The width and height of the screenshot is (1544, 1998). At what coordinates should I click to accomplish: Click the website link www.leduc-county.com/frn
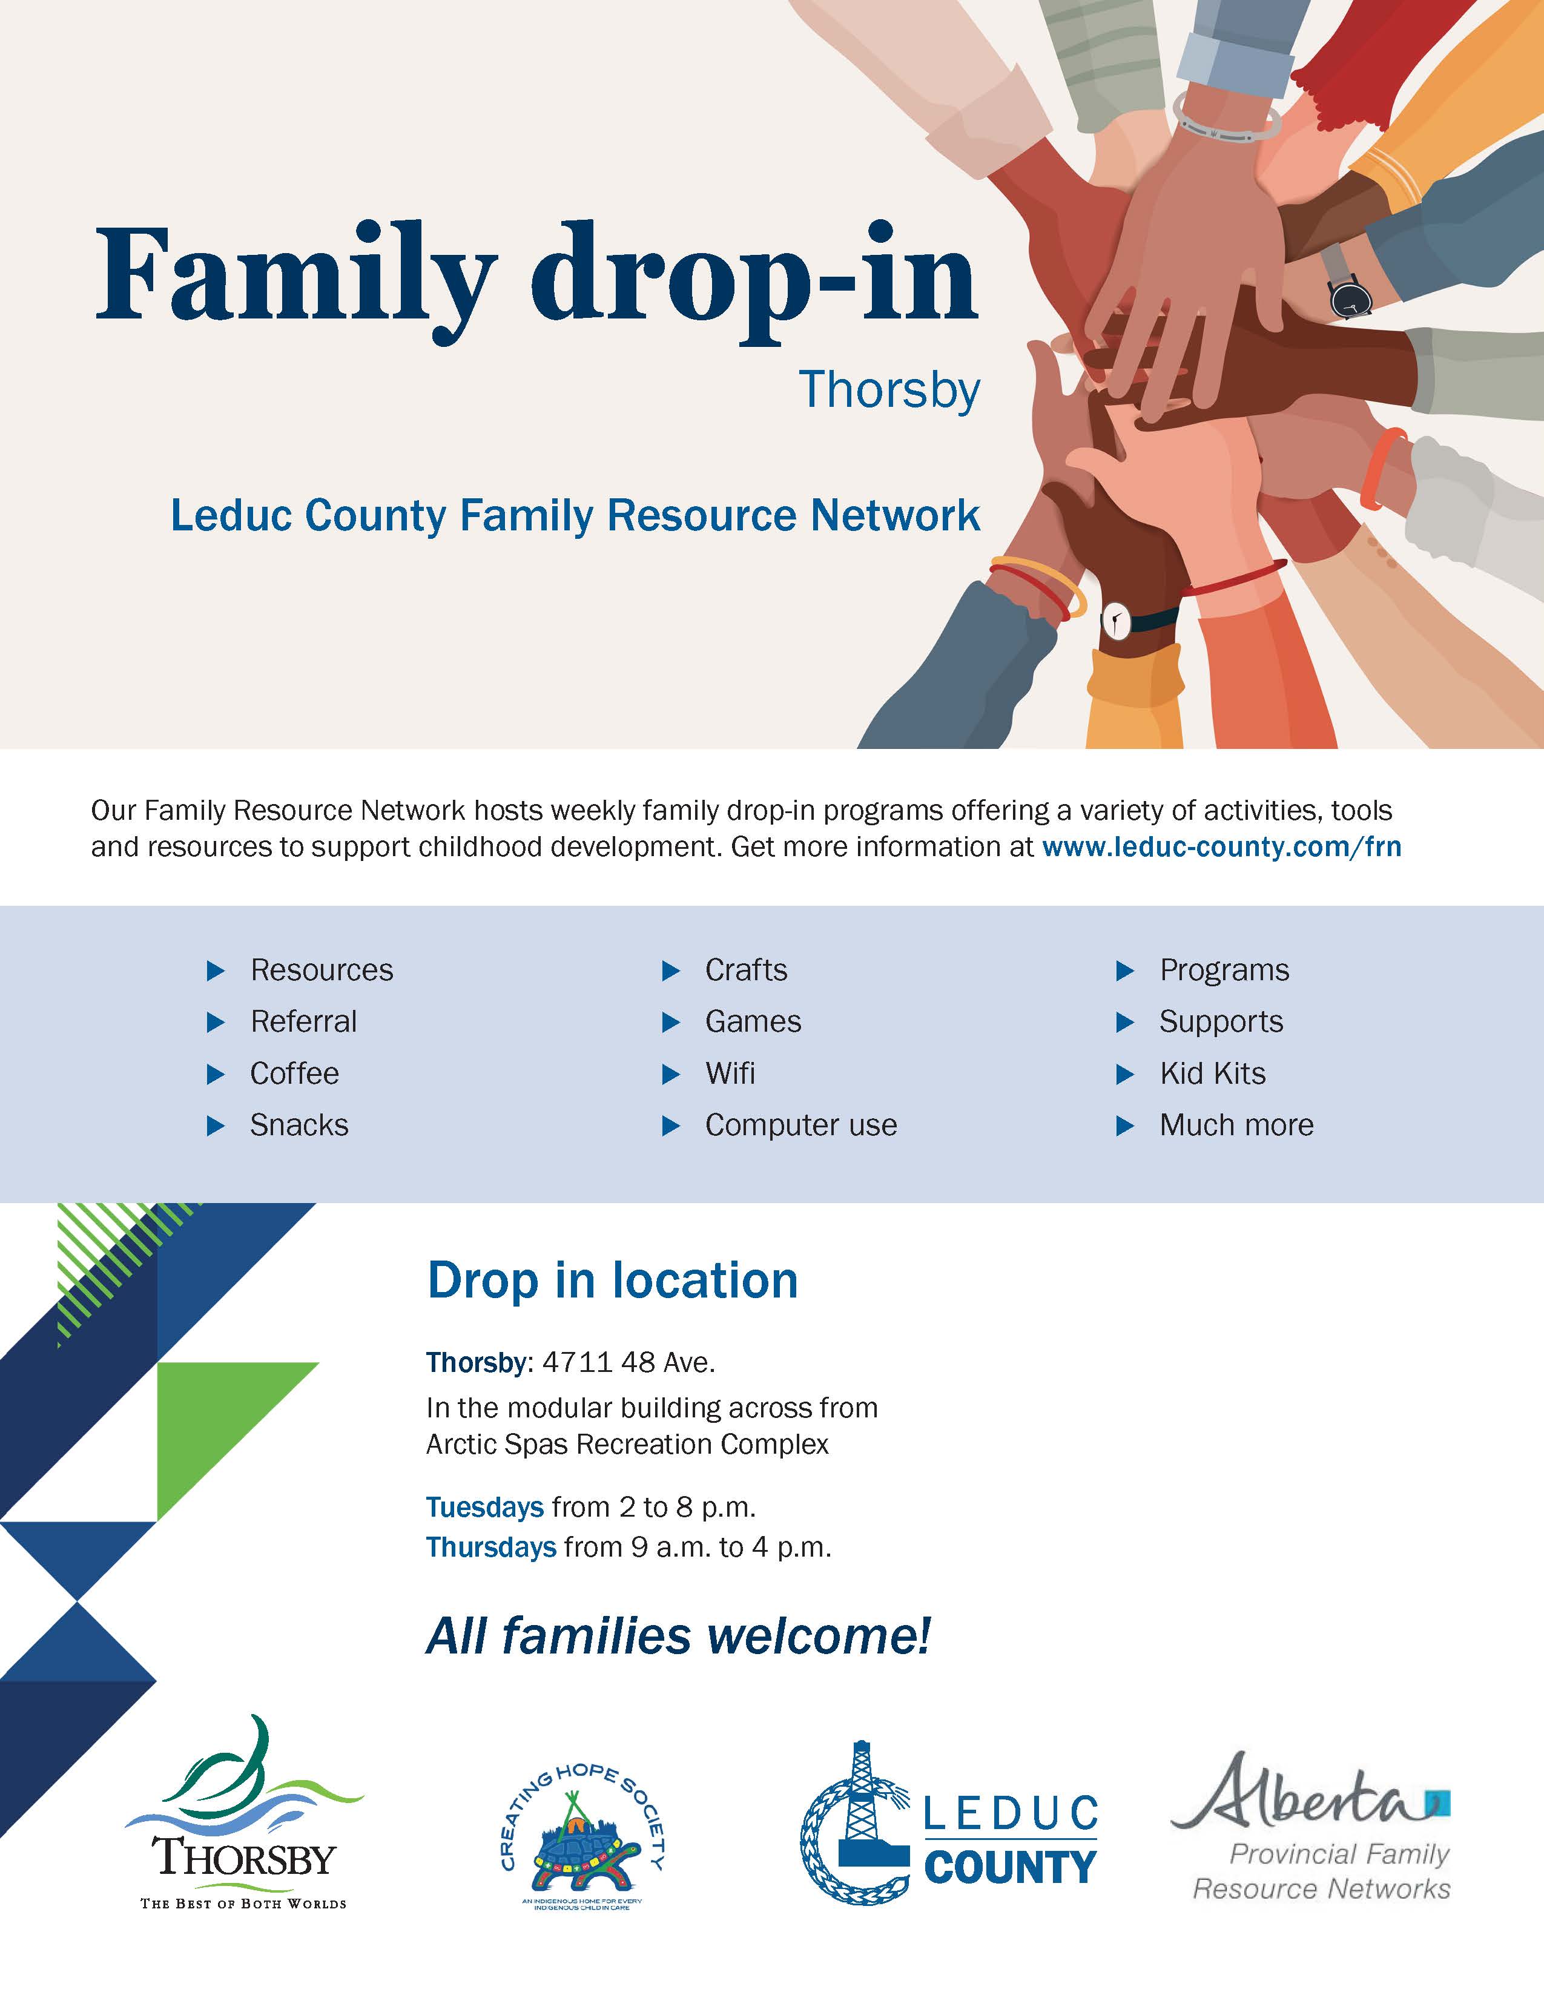pyautogui.click(x=1221, y=846)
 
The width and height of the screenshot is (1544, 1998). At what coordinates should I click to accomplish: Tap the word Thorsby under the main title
pyautogui.click(x=889, y=390)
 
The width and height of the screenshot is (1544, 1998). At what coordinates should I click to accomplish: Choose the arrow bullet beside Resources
pyautogui.click(x=216, y=971)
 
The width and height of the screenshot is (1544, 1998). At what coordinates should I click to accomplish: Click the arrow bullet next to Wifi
pyautogui.click(x=670, y=1074)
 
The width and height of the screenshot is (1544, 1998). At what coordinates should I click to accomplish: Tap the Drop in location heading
pyautogui.click(x=612, y=1280)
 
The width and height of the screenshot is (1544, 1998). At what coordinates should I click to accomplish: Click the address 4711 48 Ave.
pyautogui.click(x=628, y=1362)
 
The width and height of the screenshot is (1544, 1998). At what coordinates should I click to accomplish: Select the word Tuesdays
pyautogui.click(x=485, y=1507)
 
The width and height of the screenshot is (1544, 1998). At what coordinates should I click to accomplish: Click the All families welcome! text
pyautogui.click(x=678, y=1636)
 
